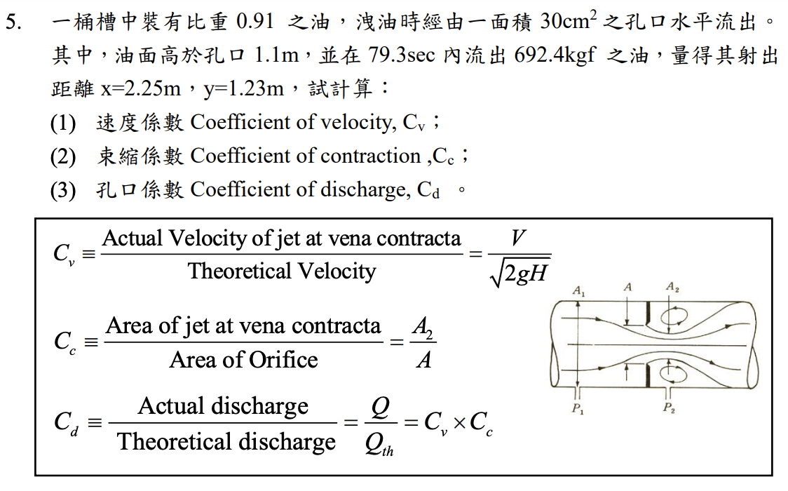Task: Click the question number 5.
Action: pos(13,22)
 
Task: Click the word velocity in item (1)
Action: pos(358,123)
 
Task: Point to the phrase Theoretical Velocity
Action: pos(281,271)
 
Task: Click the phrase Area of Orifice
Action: pos(243,360)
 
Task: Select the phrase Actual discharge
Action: pos(223,406)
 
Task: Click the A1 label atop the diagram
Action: pos(579,290)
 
